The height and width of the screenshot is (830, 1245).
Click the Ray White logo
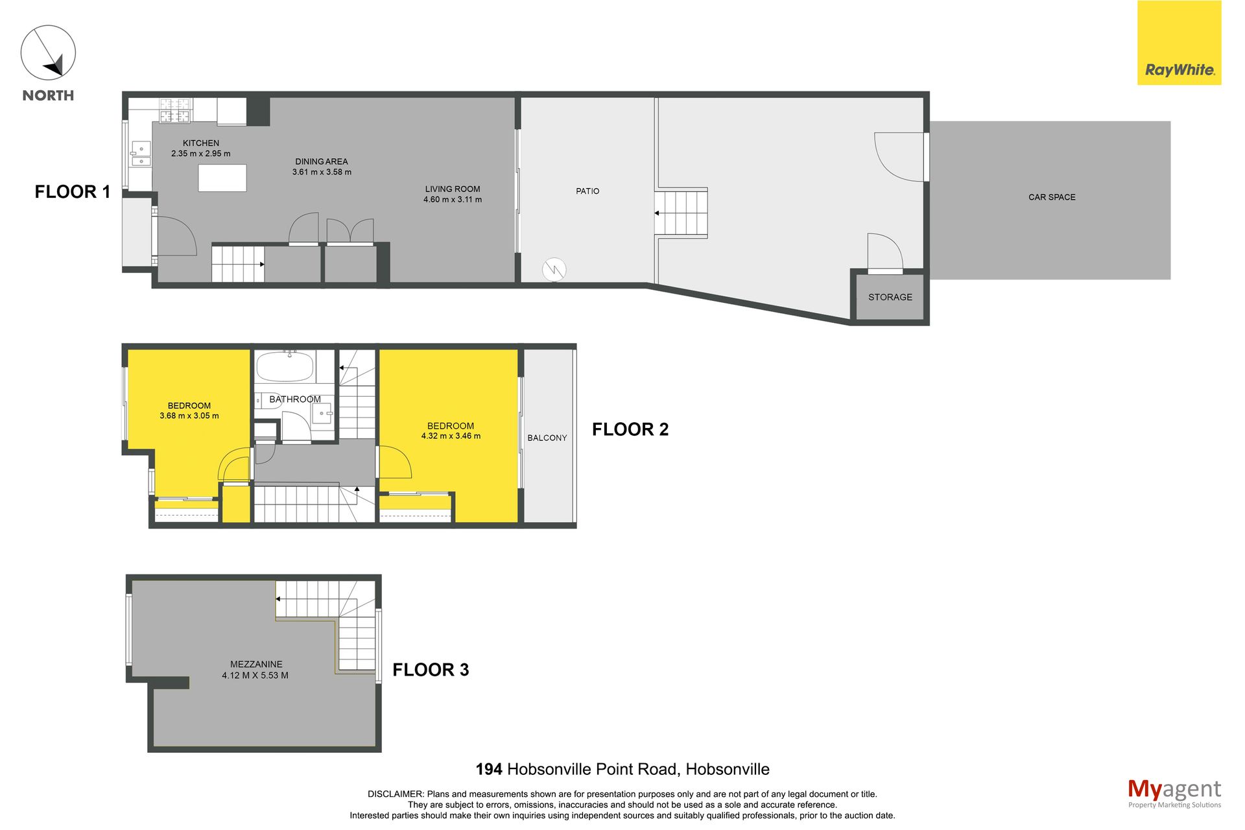(1179, 43)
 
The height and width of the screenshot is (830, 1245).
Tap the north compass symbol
(48, 53)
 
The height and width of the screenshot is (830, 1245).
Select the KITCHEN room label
(201, 143)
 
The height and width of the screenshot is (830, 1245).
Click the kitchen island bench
(222, 178)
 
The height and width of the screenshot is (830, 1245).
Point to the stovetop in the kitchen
(175, 110)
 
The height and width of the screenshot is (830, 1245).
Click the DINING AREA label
(322, 161)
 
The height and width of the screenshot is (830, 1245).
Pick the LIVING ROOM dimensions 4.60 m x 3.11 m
(453, 200)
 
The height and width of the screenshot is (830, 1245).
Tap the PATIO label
(587, 191)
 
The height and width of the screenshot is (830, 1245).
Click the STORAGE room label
(890, 297)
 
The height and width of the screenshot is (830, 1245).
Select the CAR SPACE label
(1052, 197)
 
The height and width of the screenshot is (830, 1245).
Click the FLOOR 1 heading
(73, 192)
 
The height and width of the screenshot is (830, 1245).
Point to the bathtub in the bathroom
(285, 367)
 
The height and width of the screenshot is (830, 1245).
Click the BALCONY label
(547, 438)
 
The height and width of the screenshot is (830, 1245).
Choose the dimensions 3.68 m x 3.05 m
(189, 416)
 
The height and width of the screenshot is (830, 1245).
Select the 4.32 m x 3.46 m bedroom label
(451, 431)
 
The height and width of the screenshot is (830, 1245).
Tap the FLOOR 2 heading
(630, 429)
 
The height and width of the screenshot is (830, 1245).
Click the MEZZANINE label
(256, 665)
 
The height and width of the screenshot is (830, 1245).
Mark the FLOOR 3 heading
(431, 670)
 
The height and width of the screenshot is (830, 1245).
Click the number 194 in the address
(489, 770)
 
